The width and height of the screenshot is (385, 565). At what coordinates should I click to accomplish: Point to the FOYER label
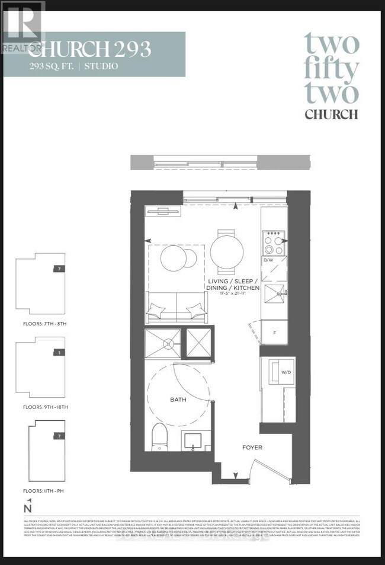click(x=251, y=447)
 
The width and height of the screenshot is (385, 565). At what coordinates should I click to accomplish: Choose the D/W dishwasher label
click(x=268, y=260)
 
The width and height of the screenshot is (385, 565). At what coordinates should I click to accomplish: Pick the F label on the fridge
click(x=274, y=333)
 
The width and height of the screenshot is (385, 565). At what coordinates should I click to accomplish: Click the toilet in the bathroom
click(x=159, y=439)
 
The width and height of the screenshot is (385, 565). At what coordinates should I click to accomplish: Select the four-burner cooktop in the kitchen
click(x=272, y=241)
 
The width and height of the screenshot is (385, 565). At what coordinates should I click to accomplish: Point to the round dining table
click(x=226, y=245)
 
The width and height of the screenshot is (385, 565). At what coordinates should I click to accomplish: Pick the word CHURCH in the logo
click(x=331, y=114)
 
